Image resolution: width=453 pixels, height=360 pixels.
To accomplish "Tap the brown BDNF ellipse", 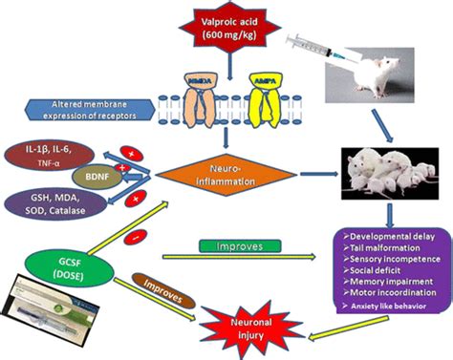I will tap(98, 179).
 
